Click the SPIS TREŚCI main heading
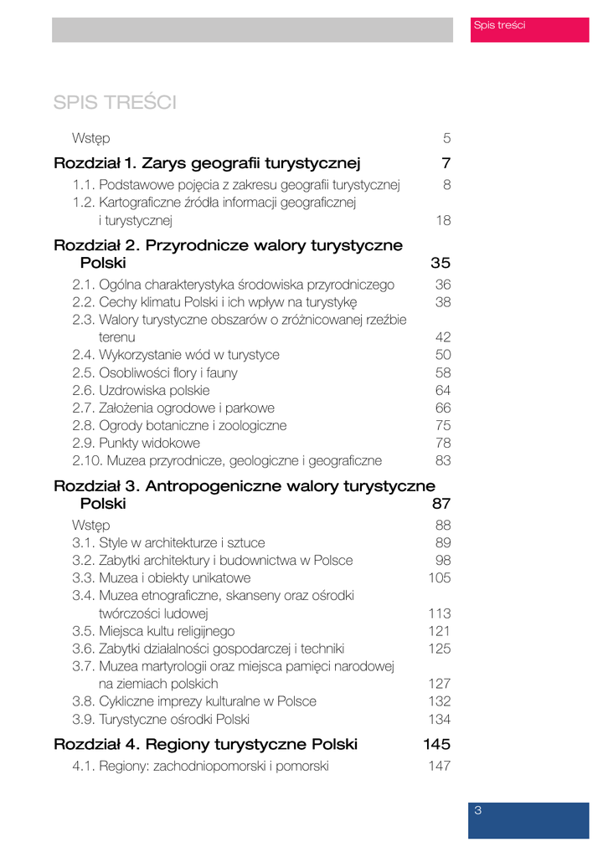pyautogui.click(x=115, y=102)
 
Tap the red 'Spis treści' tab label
pyautogui.click(x=499, y=25)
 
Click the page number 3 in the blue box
pyautogui.click(x=477, y=810)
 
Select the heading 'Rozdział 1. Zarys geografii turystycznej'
pyautogui.click(x=207, y=162)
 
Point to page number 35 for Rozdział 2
pyautogui.click(x=441, y=263)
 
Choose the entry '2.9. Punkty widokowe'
pyautogui.click(x=137, y=442)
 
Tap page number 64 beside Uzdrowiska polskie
pyautogui.click(x=443, y=389)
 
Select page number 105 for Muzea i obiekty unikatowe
pyautogui.click(x=440, y=577)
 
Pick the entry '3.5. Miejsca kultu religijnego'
pyautogui.click(x=153, y=630)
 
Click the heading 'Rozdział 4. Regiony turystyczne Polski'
pyautogui.click(x=205, y=744)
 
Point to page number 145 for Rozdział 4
pyautogui.click(x=437, y=744)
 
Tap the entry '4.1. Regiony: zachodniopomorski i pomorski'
pyautogui.click(x=200, y=766)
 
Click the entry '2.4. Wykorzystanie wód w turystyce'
pyautogui.click(x=176, y=354)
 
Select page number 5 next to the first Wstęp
pyautogui.click(x=447, y=137)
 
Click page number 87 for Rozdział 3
pyautogui.click(x=441, y=504)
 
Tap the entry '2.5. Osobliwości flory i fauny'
pyautogui.click(x=155, y=372)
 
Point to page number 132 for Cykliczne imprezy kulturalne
pyautogui.click(x=440, y=700)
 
